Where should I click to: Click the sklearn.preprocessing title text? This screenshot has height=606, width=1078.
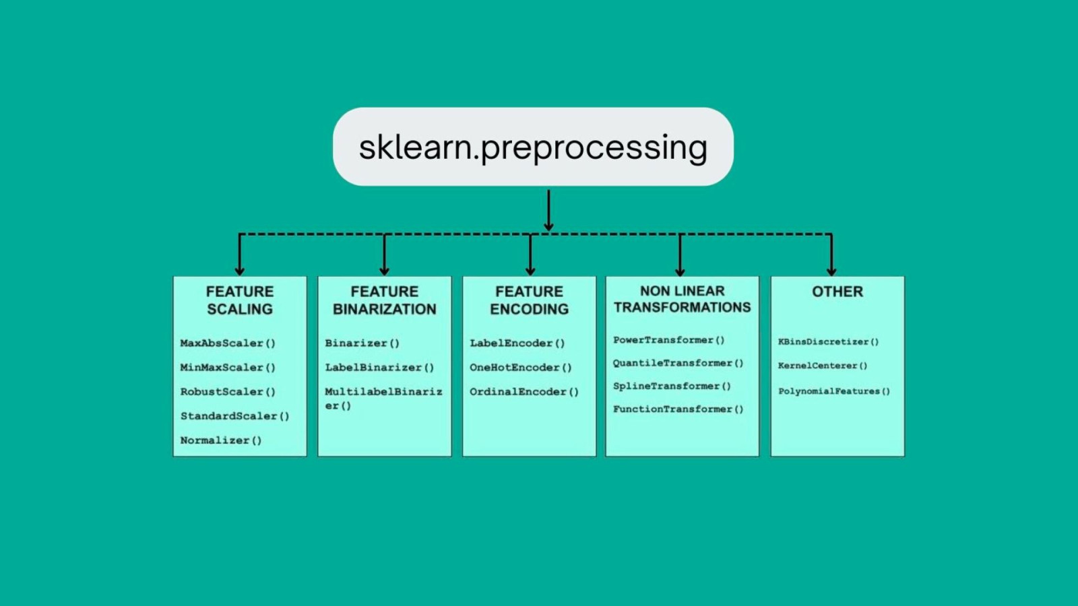click(x=533, y=147)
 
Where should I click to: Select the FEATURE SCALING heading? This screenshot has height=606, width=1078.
click(x=240, y=300)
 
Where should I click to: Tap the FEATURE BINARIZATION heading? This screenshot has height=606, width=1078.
click(x=384, y=300)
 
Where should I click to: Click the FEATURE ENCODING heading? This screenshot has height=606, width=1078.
click(x=529, y=300)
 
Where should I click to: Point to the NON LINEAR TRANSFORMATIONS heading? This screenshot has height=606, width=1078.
click(x=682, y=299)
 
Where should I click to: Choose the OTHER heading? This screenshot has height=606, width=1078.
click(x=837, y=292)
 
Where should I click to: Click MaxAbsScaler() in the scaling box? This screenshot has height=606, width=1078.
click(x=228, y=343)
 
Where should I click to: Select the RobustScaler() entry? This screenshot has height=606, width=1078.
click(x=228, y=391)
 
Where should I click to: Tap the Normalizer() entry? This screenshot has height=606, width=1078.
click(x=221, y=440)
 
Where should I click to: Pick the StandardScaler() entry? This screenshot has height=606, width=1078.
click(x=234, y=416)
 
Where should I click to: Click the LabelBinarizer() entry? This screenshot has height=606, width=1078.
click(x=379, y=368)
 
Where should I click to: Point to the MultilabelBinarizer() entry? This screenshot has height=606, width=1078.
click(x=383, y=398)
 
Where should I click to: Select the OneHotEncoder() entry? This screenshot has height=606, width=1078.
click(x=521, y=368)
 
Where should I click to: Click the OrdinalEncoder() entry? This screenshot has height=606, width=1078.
click(x=524, y=392)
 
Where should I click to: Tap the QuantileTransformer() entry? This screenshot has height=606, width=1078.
click(x=678, y=363)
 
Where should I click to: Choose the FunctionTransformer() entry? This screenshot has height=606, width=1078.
click(x=678, y=409)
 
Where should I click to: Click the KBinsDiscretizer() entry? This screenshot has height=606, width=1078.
click(x=828, y=342)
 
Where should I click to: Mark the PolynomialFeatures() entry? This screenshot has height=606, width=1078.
click(x=834, y=391)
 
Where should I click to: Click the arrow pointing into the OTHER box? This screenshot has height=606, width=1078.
click(x=831, y=256)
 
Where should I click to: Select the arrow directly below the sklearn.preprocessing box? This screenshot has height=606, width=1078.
click(x=548, y=210)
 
